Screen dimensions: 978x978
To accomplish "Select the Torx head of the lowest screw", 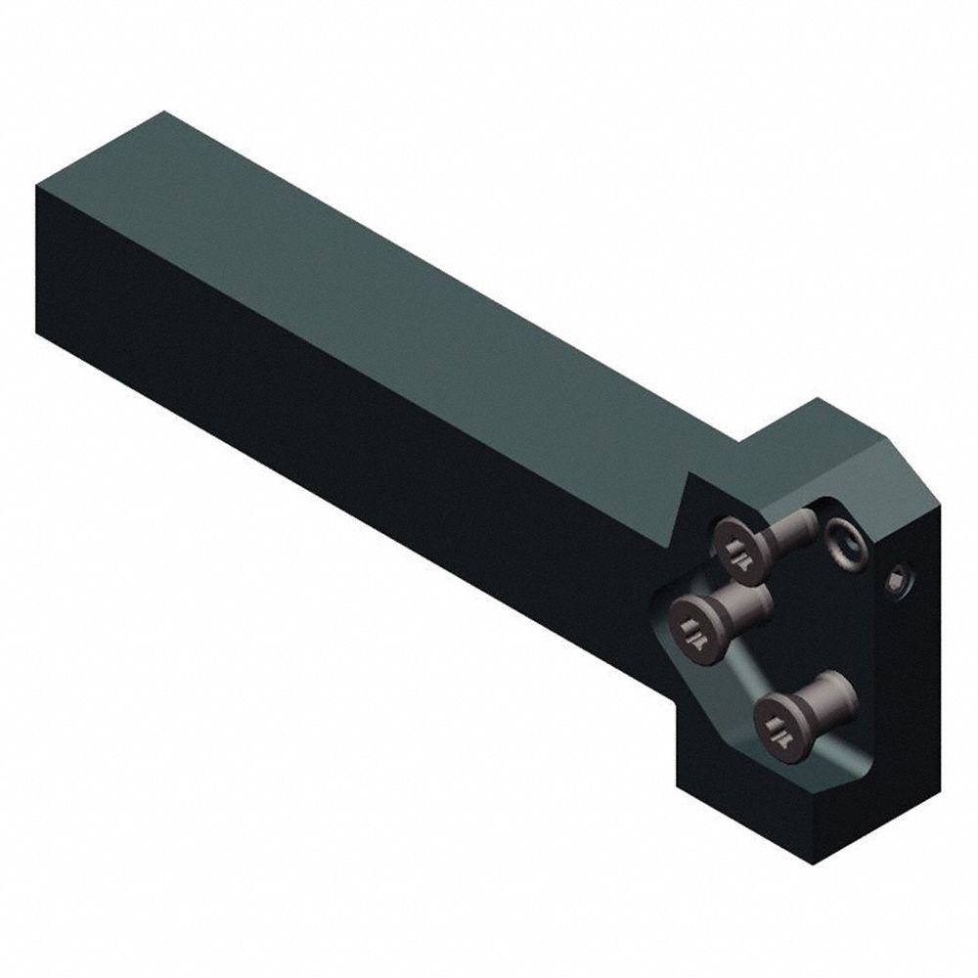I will pos(780,724).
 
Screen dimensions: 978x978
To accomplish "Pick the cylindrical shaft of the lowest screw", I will pos(831,696).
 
